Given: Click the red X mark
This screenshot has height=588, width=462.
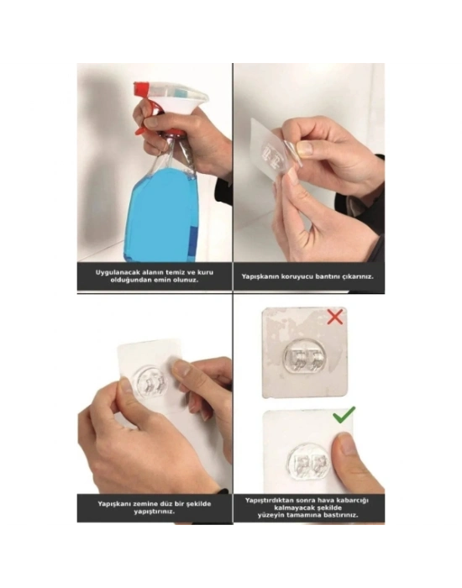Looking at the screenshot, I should (334, 318).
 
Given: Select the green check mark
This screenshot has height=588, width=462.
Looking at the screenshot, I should (344, 414).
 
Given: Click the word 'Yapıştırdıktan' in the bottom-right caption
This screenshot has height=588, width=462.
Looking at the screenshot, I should (271, 500).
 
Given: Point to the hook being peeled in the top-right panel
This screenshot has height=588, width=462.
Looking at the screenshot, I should (272, 154).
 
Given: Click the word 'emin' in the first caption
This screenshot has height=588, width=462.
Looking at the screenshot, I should (166, 281).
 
